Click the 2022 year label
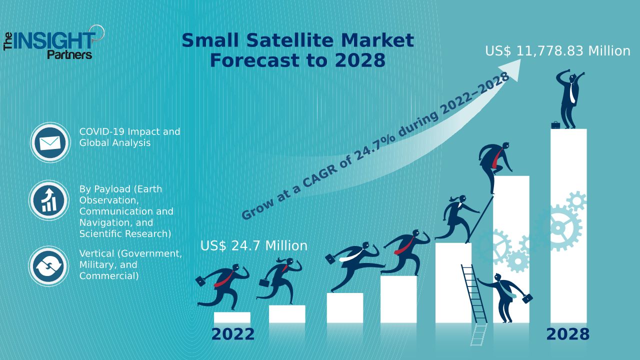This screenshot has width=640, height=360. pos(233,334)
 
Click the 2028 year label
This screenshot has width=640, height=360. pos(567,334)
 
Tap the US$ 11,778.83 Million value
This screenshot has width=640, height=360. pos(557,51)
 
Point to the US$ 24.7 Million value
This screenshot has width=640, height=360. pos(254,245)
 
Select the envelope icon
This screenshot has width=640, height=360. pos(50,142)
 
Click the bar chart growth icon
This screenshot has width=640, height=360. pos(49,200)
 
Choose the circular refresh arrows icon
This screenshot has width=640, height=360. pos(48,266)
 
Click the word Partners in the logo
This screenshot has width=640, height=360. pos(69,54)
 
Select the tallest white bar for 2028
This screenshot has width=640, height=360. pos(568,225)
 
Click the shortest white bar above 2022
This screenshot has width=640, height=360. pos(232,317)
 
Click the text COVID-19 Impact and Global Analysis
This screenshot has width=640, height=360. pos(129,137)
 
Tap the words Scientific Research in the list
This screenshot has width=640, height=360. pos(125,233)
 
